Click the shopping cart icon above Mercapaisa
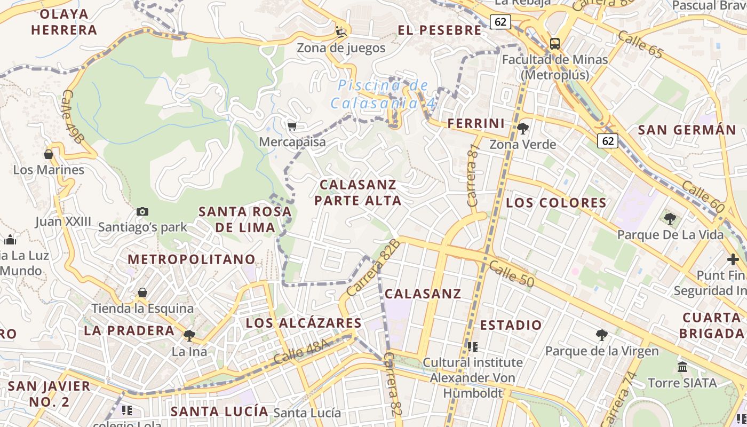tap(292, 126)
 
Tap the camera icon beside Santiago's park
tap(142, 211)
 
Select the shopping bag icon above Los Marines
tap(49, 154)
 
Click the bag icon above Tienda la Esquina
tap(142, 292)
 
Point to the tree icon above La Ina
tap(189, 335)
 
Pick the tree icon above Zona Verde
tap(523, 128)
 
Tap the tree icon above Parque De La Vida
tap(670, 218)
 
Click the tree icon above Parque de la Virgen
tap(602, 335)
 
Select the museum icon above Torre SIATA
tap(682, 367)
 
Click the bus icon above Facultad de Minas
tap(555, 43)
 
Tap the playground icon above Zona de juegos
tap(341, 31)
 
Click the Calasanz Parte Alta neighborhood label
tap(358, 193)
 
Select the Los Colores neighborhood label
tap(556, 203)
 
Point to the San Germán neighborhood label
tap(687, 130)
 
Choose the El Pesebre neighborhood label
tap(440, 30)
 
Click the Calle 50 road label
tap(511, 274)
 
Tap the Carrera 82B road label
tap(373, 268)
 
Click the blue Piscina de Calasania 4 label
tap(383, 94)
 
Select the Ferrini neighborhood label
tap(476, 124)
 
